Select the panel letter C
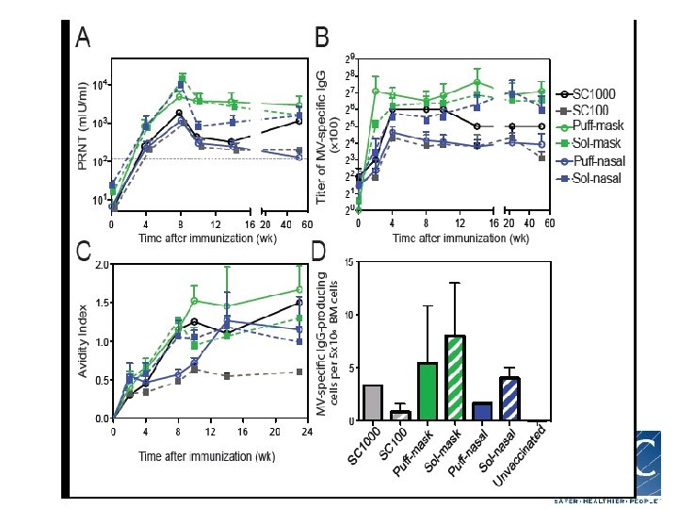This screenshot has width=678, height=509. (x=83, y=252)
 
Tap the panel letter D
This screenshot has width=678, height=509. (x=319, y=252)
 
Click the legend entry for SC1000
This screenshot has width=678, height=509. (x=597, y=94)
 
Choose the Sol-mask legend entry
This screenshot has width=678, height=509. (x=599, y=144)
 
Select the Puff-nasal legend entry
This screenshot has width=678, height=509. (x=601, y=161)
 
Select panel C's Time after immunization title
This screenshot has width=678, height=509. (x=207, y=456)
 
